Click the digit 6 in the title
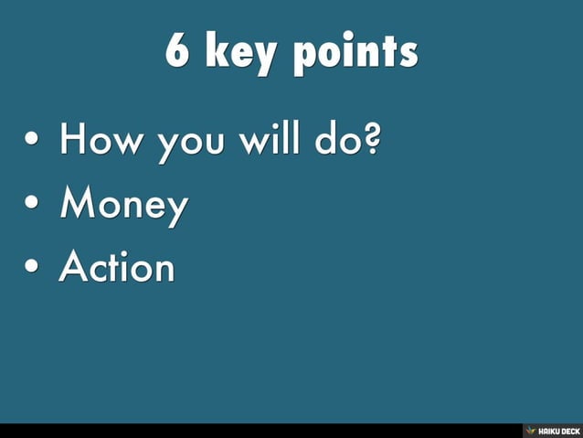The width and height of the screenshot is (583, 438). tap(176, 51)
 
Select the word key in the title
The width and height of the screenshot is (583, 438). tap(240, 53)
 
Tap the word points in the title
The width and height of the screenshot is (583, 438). tap(355, 53)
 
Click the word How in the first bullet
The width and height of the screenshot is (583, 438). tap(101, 143)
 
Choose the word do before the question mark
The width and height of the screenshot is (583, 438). tap(337, 142)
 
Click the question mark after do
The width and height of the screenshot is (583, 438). tap(371, 142)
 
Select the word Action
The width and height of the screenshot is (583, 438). tap(116, 267)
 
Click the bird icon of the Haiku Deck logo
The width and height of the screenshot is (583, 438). tap(530, 430)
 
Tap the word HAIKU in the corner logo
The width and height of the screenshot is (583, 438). tap(548, 430)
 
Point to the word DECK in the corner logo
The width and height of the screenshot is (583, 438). tap(570, 430)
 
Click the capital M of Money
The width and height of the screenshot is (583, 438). tap(76, 205)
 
